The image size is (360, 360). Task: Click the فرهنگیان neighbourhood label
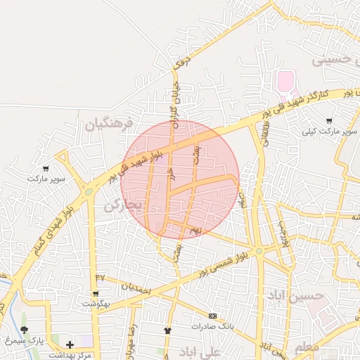tap(108, 125)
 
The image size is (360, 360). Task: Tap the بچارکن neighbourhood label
tap(123, 205)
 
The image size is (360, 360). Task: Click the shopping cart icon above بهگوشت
tap(96, 293)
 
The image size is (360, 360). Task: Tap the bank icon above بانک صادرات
tap(212, 315)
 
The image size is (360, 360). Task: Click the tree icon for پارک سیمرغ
tap(25, 329)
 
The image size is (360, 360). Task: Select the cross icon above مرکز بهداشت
tap(69, 344)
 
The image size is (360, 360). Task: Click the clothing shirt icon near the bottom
tap(167, 329)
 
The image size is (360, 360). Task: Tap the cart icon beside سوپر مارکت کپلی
tap(328, 121)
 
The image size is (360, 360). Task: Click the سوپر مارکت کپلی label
tap(330, 131)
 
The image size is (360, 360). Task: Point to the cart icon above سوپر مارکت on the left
tap(46, 169)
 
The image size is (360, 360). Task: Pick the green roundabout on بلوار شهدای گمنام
tap(89, 191)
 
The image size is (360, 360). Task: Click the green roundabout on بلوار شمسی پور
tap(259, 250)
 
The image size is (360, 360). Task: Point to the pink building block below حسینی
tap(285, 81)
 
